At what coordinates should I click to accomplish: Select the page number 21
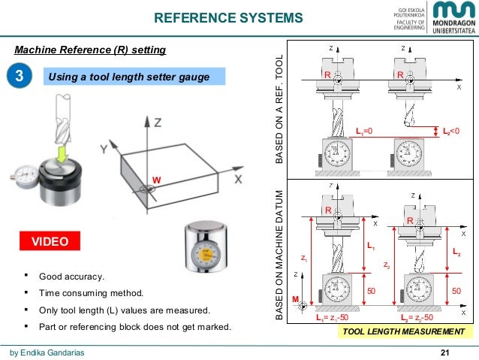point(465,352)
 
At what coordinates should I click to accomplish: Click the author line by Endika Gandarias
point(47,352)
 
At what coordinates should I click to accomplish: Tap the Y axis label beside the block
point(103,150)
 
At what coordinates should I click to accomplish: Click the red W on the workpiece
point(156,180)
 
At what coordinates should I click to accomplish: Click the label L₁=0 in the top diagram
point(364,131)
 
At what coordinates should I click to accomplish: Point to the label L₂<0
point(450,131)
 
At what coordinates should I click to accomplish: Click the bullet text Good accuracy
point(72,277)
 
